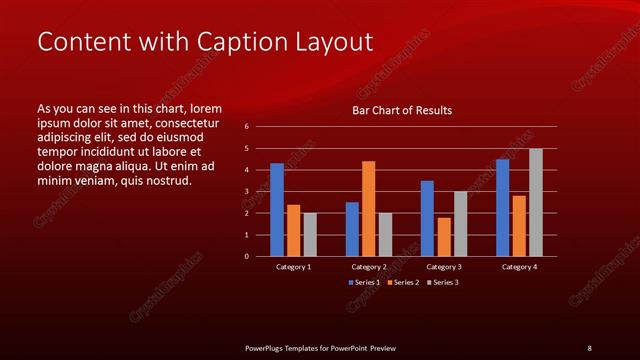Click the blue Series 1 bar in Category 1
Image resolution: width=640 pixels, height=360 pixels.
[x=277, y=209]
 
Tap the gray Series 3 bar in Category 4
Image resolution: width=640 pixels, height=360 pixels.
[x=536, y=202]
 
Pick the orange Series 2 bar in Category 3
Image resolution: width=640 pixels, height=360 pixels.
[x=444, y=236]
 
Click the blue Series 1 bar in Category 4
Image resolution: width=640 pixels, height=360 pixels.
[x=502, y=207]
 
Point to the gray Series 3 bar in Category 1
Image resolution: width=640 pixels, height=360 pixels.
[x=310, y=234]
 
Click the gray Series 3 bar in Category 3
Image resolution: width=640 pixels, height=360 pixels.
[x=460, y=223]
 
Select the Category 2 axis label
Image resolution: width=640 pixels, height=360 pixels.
[x=369, y=267]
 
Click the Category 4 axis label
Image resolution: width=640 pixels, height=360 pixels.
[x=519, y=267]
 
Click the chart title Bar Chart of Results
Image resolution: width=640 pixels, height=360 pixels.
[x=402, y=110]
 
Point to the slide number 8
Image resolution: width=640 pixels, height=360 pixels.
[x=589, y=347]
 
